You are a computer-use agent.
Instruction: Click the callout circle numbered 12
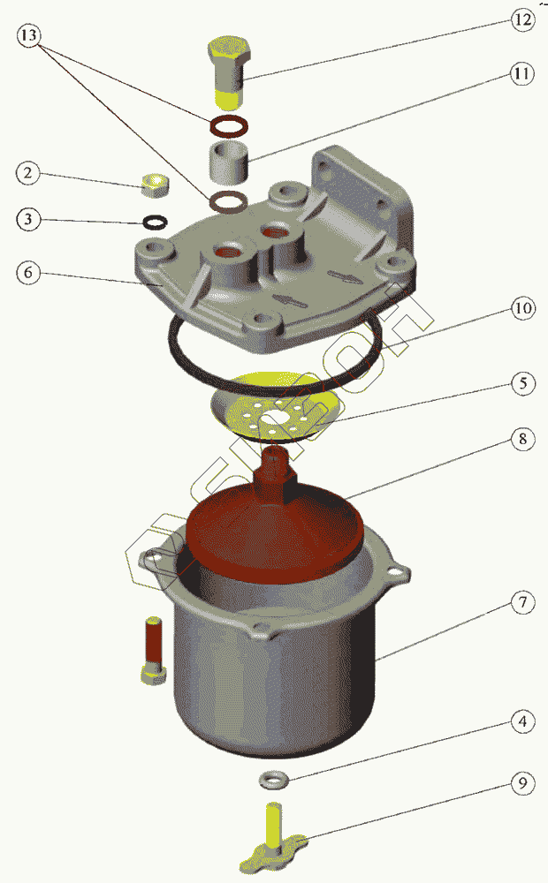tap(523, 20)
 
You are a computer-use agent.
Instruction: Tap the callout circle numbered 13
tap(28, 36)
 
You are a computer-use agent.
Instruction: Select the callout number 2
tap(28, 173)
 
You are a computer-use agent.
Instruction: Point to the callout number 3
tap(28, 218)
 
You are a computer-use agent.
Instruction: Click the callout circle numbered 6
tap(28, 273)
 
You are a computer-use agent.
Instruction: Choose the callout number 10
tap(523, 308)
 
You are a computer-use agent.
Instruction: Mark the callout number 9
tap(523, 783)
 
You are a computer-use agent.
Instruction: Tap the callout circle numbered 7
tap(523, 602)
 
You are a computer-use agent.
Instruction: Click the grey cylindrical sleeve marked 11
tap(230, 162)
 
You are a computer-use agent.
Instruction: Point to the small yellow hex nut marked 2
tap(155, 185)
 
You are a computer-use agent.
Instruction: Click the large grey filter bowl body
tap(273, 675)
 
